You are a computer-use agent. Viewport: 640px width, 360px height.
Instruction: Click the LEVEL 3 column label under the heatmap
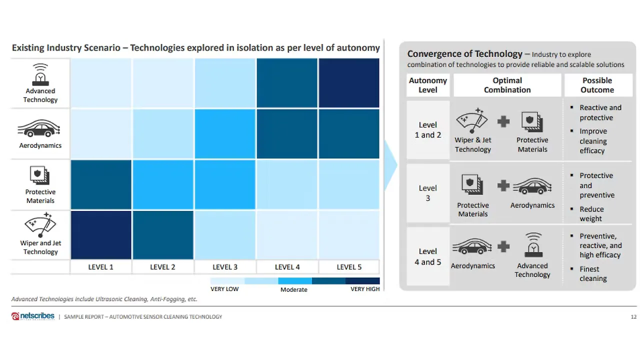pyautogui.click(x=225, y=267)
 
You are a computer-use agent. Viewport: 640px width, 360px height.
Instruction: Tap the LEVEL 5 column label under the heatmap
pyautogui.click(x=349, y=267)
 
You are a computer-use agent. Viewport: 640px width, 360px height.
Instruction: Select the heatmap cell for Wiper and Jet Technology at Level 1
pyautogui.click(x=101, y=235)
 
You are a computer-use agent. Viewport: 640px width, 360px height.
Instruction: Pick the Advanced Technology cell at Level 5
pyautogui.click(x=349, y=83)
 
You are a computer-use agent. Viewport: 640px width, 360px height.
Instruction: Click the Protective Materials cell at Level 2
pyautogui.click(x=163, y=184)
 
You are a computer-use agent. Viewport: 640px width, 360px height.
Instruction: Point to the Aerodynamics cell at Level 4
pyautogui.click(x=287, y=134)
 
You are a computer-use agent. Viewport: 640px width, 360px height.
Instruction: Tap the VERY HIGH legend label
pyautogui.click(x=365, y=289)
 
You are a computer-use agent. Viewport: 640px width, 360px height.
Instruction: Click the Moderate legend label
pyautogui.click(x=294, y=289)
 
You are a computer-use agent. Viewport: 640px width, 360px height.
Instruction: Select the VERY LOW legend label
pyautogui.click(x=224, y=289)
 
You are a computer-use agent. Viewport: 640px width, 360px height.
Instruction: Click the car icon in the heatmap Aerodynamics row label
pyautogui.click(x=40, y=130)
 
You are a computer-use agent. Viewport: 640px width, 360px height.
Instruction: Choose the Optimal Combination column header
pyautogui.click(x=507, y=85)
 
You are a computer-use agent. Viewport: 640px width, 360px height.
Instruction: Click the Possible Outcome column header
pyautogui.click(x=597, y=85)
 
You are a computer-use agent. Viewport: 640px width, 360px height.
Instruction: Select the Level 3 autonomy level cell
pyautogui.click(x=427, y=193)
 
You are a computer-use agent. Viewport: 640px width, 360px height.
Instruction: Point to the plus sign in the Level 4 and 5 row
pyautogui.click(x=503, y=246)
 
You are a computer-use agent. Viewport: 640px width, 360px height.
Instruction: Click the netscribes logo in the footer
pyautogui.click(x=33, y=316)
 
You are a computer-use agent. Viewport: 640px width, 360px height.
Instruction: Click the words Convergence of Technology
pyautogui.click(x=464, y=54)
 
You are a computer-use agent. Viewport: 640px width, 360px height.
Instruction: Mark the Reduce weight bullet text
pyautogui.click(x=591, y=214)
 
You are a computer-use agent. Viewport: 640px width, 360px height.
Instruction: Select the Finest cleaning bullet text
pyautogui.click(x=592, y=274)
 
